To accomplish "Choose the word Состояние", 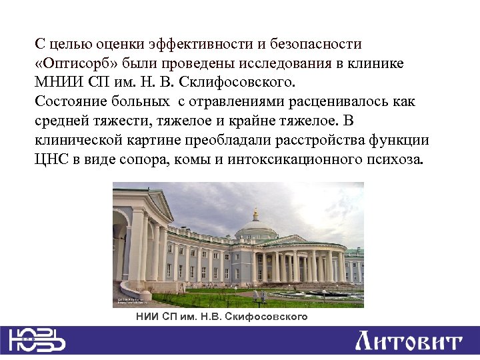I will tap(69, 102).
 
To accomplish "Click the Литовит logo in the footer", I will tap(408, 342).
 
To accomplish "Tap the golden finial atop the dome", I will tap(255, 212).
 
